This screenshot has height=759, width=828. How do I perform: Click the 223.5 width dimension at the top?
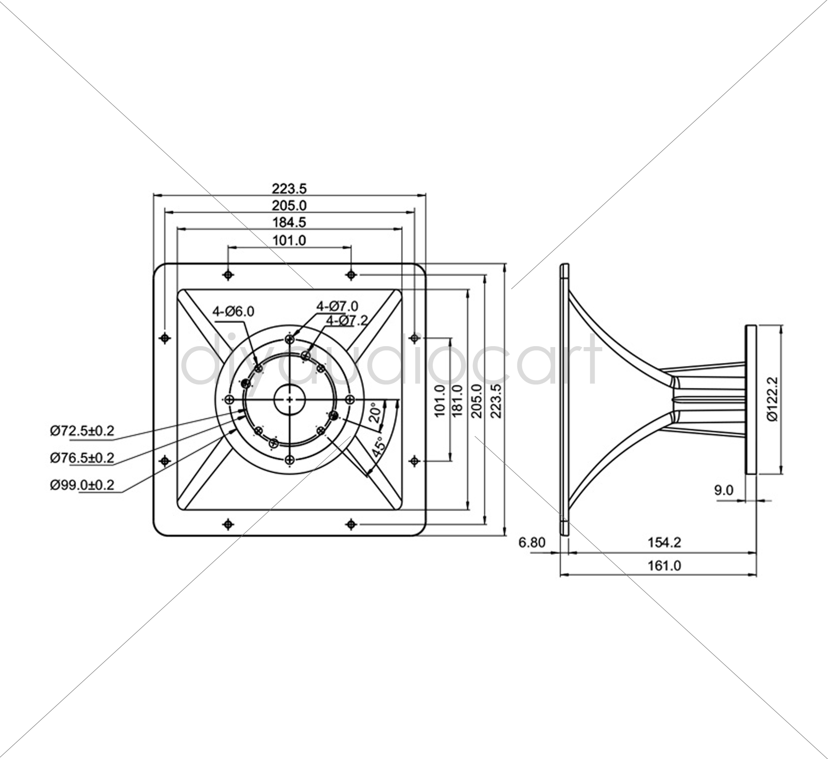click(289, 188)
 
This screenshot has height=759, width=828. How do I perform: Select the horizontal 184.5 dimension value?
click(289, 222)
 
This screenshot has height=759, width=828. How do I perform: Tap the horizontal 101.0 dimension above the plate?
click(289, 240)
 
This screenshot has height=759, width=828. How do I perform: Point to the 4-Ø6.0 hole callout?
click(233, 311)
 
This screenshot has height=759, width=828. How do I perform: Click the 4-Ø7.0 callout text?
click(338, 306)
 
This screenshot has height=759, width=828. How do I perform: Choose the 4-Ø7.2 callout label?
click(346, 321)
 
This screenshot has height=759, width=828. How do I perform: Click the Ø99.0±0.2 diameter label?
click(82, 485)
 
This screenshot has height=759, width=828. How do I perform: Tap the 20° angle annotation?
click(375, 413)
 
